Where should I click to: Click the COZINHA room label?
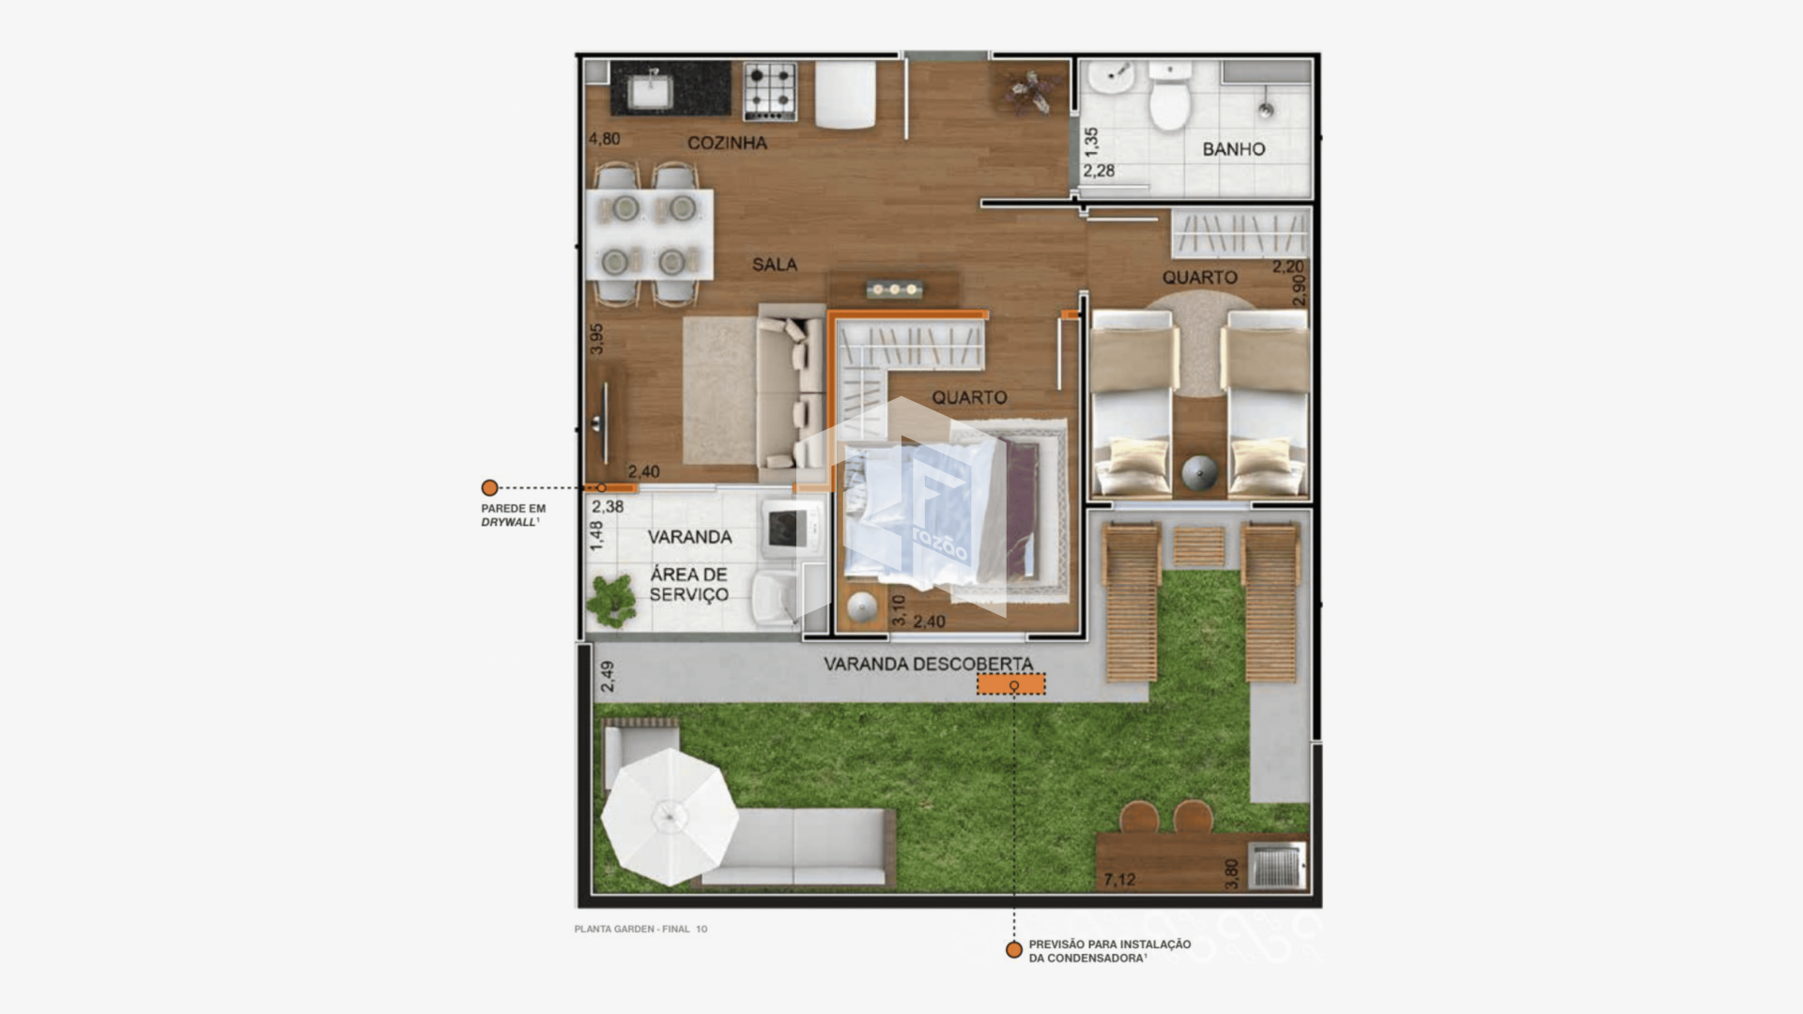click(x=727, y=143)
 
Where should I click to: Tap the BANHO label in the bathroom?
click(x=1233, y=149)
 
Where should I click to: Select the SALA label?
click(x=774, y=265)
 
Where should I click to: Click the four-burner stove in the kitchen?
click(x=770, y=91)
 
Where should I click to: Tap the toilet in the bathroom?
click(x=1170, y=96)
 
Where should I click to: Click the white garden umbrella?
click(x=670, y=817)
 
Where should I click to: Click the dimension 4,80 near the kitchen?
click(x=604, y=139)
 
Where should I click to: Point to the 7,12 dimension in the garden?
click(x=1119, y=880)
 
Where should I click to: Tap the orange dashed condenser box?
click(x=1010, y=684)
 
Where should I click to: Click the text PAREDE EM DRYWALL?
click(x=513, y=515)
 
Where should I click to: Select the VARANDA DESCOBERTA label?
click(x=928, y=664)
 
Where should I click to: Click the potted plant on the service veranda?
click(x=611, y=600)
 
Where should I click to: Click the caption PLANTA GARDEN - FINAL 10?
click(x=640, y=929)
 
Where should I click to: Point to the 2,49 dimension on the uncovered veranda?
click(x=607, y=677)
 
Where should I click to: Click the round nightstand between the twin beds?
click(x=1199, y=472)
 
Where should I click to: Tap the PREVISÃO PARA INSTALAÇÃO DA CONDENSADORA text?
click(x=1109, y=951)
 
